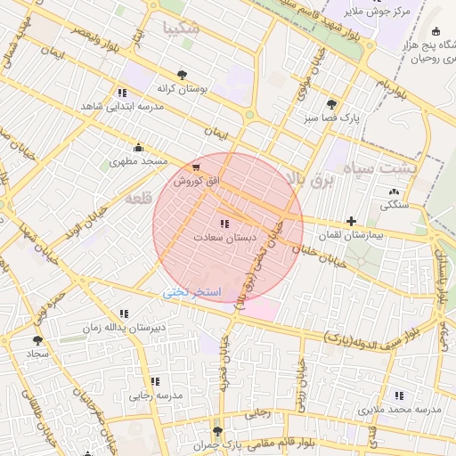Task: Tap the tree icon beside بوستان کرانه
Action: point(182,76)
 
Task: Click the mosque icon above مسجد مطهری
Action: point(137,148)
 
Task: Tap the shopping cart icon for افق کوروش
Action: point(196,167)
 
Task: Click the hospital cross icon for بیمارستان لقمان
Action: point(351,221)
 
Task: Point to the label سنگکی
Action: point(395,205)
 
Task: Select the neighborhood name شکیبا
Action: point(182,28)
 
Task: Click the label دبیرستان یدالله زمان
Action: point(125,328)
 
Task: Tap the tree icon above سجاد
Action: point(37,339)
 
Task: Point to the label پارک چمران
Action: point(218,444)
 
